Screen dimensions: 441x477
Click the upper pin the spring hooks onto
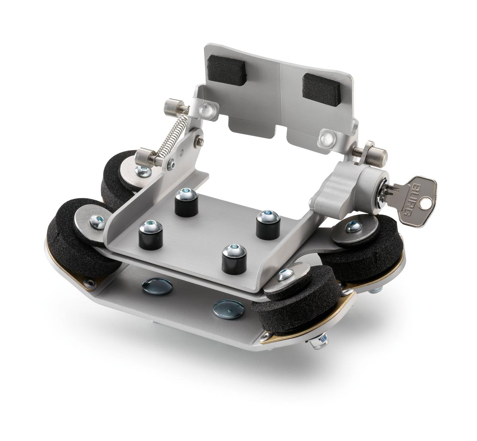(x=175, y=107)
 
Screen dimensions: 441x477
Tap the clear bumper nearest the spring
(x=207, y=109)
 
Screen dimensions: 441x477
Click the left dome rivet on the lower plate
(x=157, y=286)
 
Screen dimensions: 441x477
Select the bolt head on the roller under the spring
(x=142, y=171)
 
